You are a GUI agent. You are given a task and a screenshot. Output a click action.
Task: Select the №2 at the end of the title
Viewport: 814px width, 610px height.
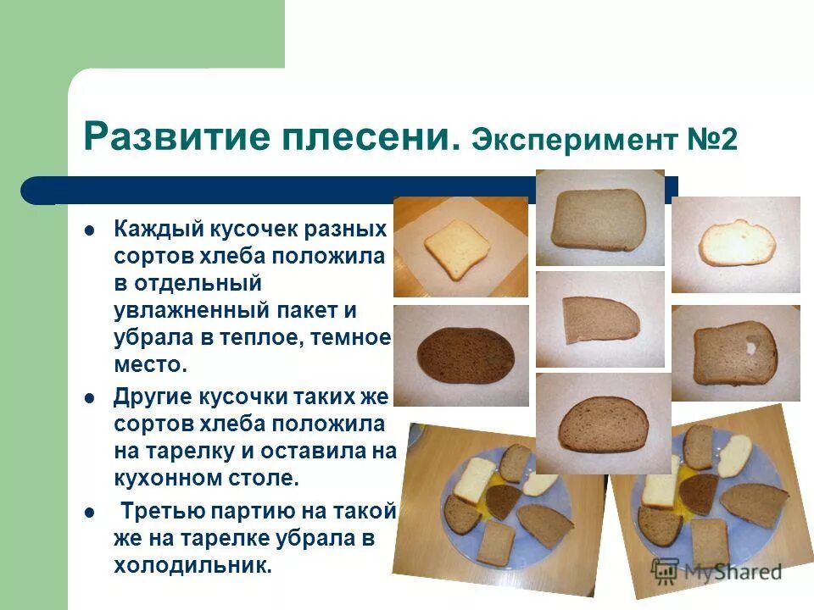(x=712, y=139)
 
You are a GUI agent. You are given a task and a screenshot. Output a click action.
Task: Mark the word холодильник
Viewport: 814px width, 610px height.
(x=192, y=566)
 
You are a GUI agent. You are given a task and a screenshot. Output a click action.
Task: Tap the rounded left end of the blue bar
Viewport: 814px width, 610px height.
(x=34, y=191)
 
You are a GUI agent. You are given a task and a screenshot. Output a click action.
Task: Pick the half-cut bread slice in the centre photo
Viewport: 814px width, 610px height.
(x=600, y=319)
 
